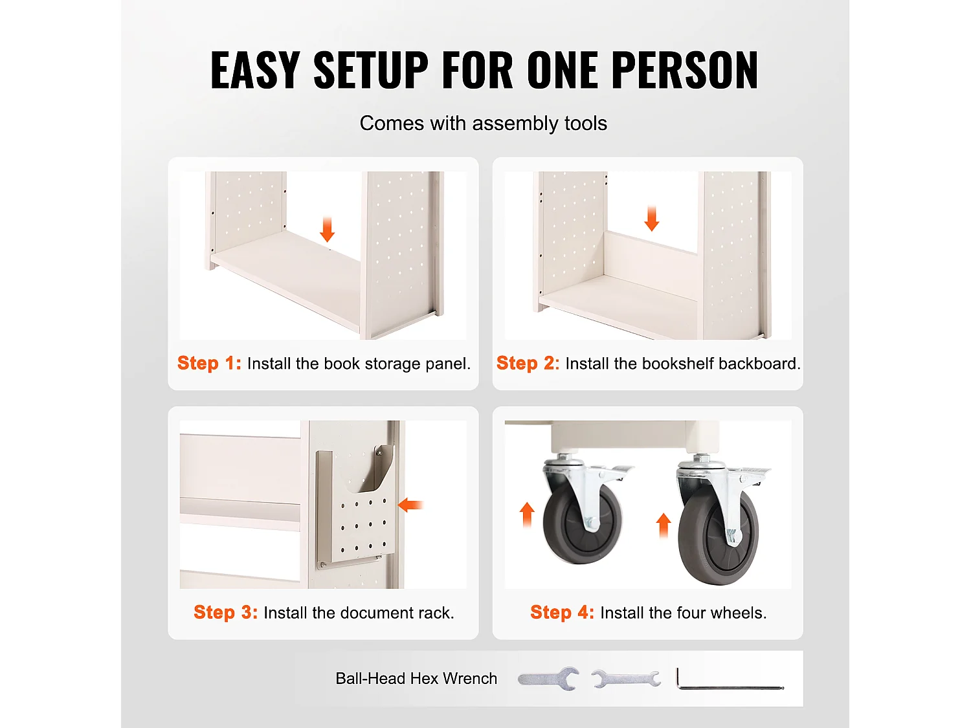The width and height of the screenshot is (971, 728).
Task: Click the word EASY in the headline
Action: click(255, 70)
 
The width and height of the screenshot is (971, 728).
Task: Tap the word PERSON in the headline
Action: click(686, 70)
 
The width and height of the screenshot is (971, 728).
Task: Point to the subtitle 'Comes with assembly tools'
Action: click(483, 124)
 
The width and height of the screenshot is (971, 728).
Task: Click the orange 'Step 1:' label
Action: click(209, 363)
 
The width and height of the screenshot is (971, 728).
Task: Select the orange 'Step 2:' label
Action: click(528, 363)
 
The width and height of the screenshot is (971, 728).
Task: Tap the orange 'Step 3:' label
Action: click(226, 612)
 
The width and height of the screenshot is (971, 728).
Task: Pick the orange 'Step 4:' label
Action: click(563, 612)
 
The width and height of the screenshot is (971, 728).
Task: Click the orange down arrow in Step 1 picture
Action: click(327, 230)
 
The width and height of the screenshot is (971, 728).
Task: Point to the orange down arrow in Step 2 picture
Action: click(652, 218)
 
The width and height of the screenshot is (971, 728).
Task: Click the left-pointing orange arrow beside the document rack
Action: click(410, 505)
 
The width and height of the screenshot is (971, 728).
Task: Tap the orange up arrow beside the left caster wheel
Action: click(527, 515)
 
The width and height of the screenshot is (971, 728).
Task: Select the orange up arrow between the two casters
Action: click(663, 525)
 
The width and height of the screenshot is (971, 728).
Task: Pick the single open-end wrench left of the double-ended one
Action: click(548, 678)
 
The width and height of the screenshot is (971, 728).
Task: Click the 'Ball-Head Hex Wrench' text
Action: click(416, 678)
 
